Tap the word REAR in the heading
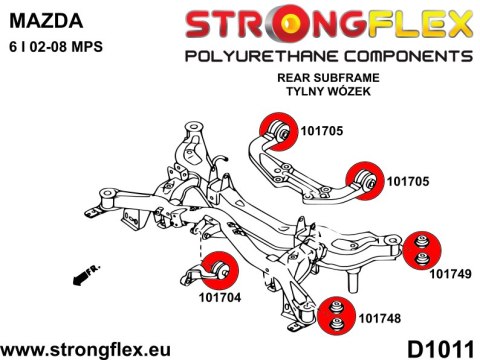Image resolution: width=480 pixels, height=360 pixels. click(x=293, y=76)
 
